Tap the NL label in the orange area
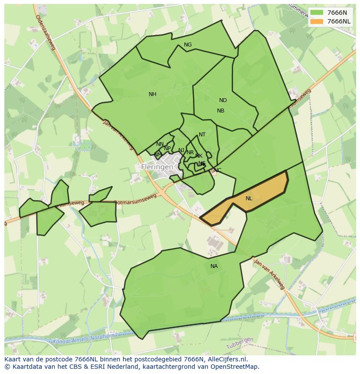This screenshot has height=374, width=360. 249,199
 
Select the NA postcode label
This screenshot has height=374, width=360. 214,266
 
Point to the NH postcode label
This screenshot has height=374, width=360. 152,94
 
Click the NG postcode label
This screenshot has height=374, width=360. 188,45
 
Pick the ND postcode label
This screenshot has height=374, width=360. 223,100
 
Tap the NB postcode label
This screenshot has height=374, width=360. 220,111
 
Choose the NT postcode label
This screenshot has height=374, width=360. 202,135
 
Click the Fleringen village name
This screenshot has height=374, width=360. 157,167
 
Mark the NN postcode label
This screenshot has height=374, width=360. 160,144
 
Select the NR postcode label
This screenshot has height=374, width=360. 190,152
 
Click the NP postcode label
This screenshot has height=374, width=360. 167,149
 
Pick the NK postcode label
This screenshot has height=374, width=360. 199,156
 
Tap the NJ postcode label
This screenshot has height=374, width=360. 181,150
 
